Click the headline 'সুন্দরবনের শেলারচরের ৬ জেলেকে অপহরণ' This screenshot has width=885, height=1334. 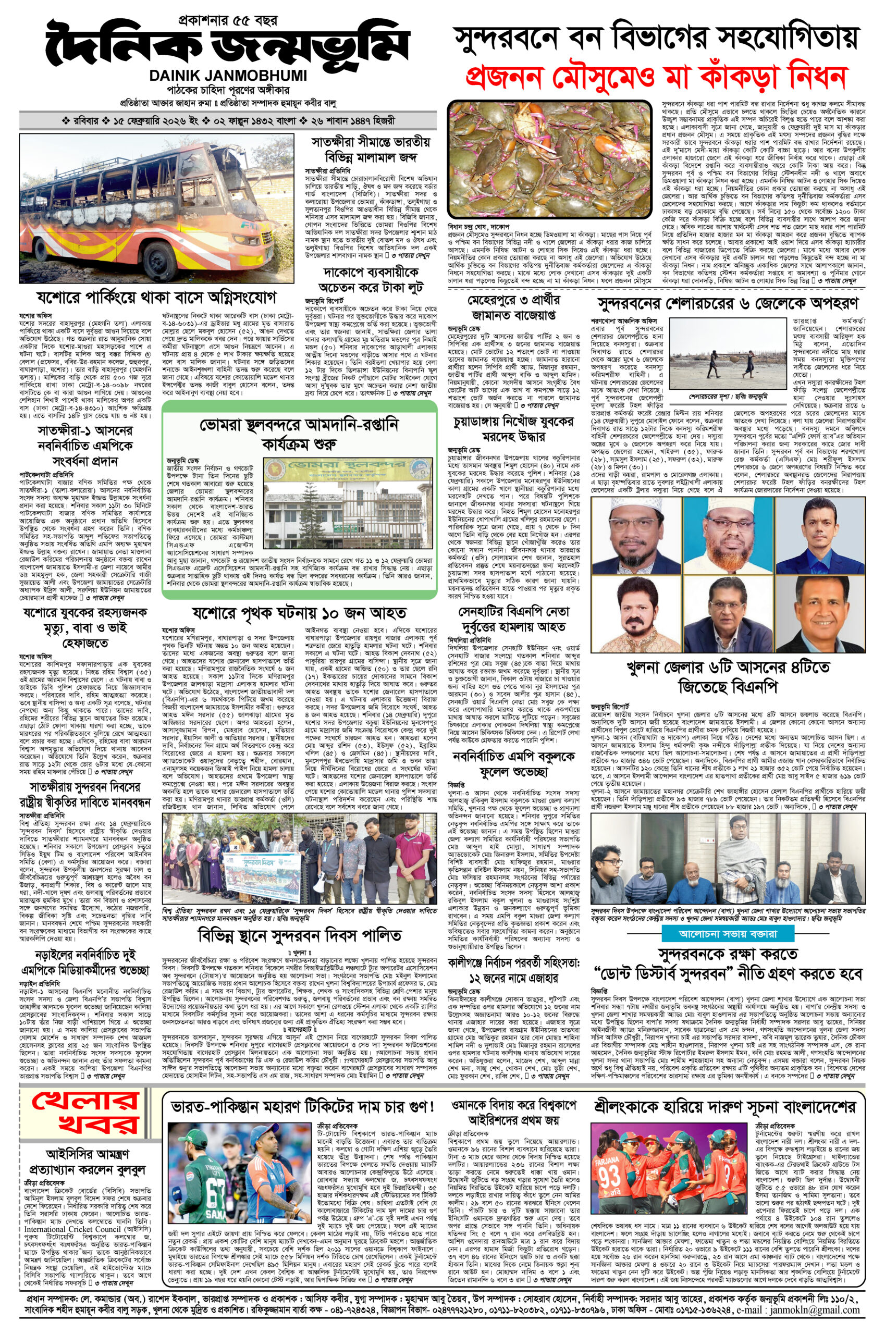tap(728, 300)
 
